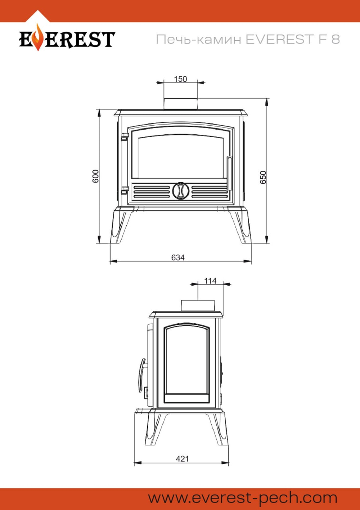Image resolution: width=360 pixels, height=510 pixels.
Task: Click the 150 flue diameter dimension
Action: click(180, 79)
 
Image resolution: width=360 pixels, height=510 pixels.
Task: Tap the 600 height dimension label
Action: click(95, 176)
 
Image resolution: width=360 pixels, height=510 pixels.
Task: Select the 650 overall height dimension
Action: click(263, 177)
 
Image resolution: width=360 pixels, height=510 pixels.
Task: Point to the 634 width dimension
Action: click(178, 258)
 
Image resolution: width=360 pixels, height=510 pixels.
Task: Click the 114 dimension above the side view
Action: click(210, 281)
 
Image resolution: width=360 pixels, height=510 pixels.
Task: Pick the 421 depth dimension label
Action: click(182, 459)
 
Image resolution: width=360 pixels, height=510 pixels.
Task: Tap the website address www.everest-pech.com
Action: click(243, 498)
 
